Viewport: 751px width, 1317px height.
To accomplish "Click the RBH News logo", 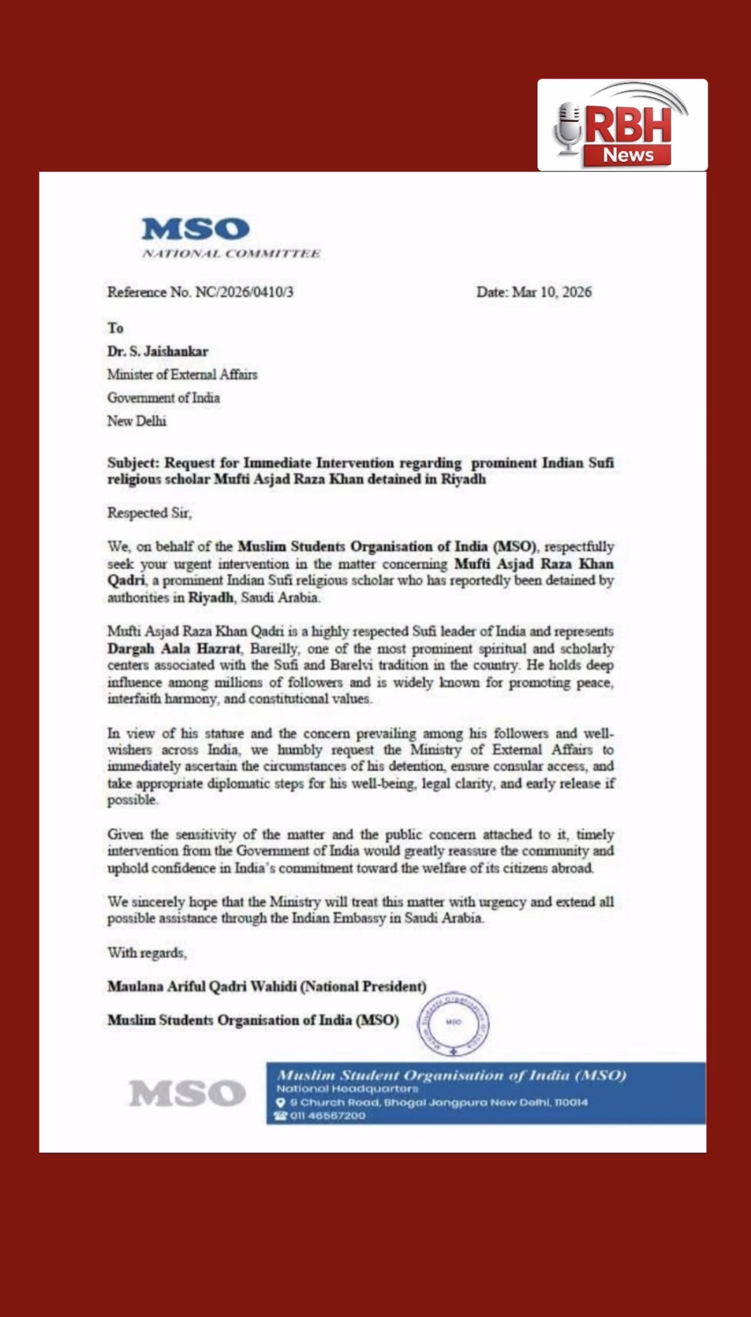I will [622, 126].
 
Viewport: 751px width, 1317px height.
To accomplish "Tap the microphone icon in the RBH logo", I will [568, 129].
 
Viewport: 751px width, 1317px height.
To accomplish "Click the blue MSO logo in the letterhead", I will [195, 229].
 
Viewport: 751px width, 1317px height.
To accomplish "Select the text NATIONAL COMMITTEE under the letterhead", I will [231, 254].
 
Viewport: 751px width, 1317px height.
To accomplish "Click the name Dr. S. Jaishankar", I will [157, 351].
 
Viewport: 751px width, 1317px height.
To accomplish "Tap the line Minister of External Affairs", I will [182, 375].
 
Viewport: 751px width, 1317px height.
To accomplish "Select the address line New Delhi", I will [136, 421].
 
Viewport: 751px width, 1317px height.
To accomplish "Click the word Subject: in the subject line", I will [132, 463].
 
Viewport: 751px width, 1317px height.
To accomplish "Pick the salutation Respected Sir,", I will [149, 513].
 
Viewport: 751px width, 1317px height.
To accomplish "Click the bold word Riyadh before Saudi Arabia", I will [210, 598].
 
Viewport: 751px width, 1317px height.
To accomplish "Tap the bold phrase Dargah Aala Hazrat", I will [174, 649].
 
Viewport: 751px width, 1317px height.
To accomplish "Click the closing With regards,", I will [147, 953].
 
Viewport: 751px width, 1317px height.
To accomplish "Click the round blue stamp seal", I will [453, 1023].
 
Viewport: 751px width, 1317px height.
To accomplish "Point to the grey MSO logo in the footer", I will [187, 1093].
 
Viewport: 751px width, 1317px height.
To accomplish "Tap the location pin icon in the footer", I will [280, 1102].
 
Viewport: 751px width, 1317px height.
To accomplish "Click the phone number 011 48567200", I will [327, 1116].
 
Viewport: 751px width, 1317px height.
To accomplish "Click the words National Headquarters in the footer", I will [347, 1089].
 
